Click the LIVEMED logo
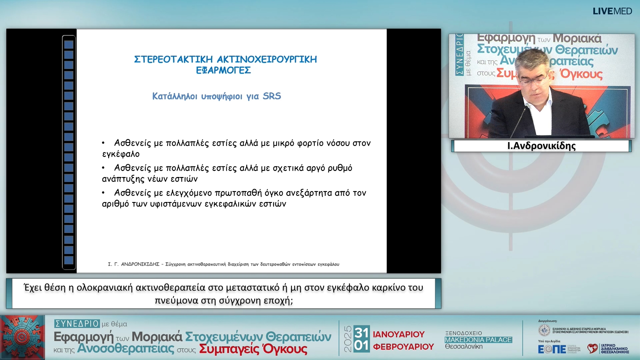612,11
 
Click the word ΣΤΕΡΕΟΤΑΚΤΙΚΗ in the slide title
173,59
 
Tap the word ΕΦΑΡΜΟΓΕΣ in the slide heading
223,70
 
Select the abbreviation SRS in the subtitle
272,96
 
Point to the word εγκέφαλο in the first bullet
121,154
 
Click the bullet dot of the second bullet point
103,168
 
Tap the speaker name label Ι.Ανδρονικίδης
541,146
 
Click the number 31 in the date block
361,332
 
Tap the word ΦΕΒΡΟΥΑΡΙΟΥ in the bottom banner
403,347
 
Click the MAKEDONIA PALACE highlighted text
478,340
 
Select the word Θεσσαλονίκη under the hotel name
464,347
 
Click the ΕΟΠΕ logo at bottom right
552,349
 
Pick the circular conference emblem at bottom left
22,337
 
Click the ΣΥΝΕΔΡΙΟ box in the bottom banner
77,324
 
